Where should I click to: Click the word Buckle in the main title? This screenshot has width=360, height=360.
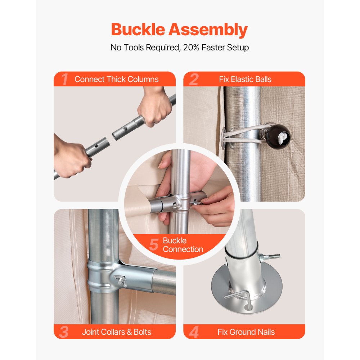[x=138, y=30]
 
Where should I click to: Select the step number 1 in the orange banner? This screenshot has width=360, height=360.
[x=64, y=79]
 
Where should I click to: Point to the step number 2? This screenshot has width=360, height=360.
[x=194, y=79]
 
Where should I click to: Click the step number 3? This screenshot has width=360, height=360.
[x=64, y=332]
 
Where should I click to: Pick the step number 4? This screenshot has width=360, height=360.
[x=194, y=332]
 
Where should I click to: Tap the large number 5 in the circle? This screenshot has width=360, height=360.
[x=154, y=244]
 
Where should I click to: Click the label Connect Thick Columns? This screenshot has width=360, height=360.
[x=116, y=80]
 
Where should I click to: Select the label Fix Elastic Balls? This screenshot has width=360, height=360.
[x=245, y=80]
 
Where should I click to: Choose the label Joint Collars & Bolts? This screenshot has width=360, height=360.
[x=116, y=332]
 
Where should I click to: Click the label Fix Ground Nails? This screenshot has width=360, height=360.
[x=246, y=332]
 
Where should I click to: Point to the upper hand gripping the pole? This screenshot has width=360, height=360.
[x=155, y=107]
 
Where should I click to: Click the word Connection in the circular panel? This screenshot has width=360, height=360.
[x=183, y=249]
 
